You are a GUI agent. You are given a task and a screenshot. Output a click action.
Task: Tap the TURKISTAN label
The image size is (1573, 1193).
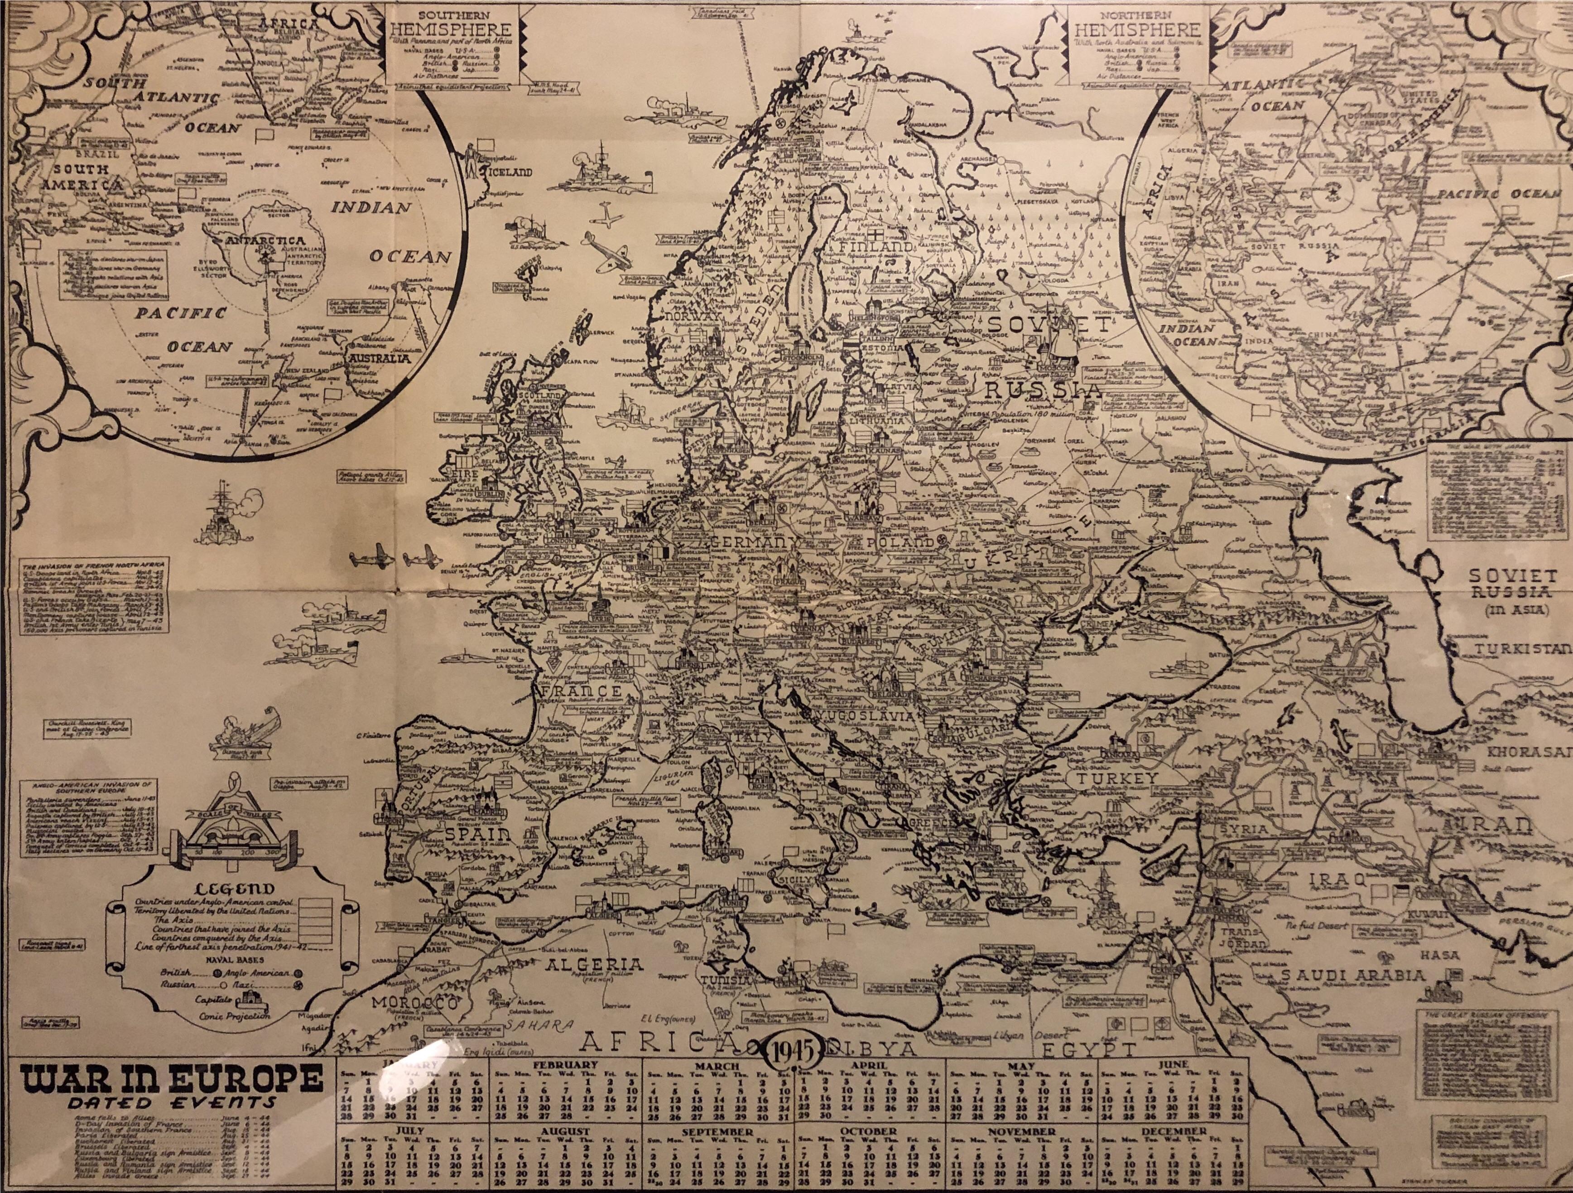[x=1522, y=649]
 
